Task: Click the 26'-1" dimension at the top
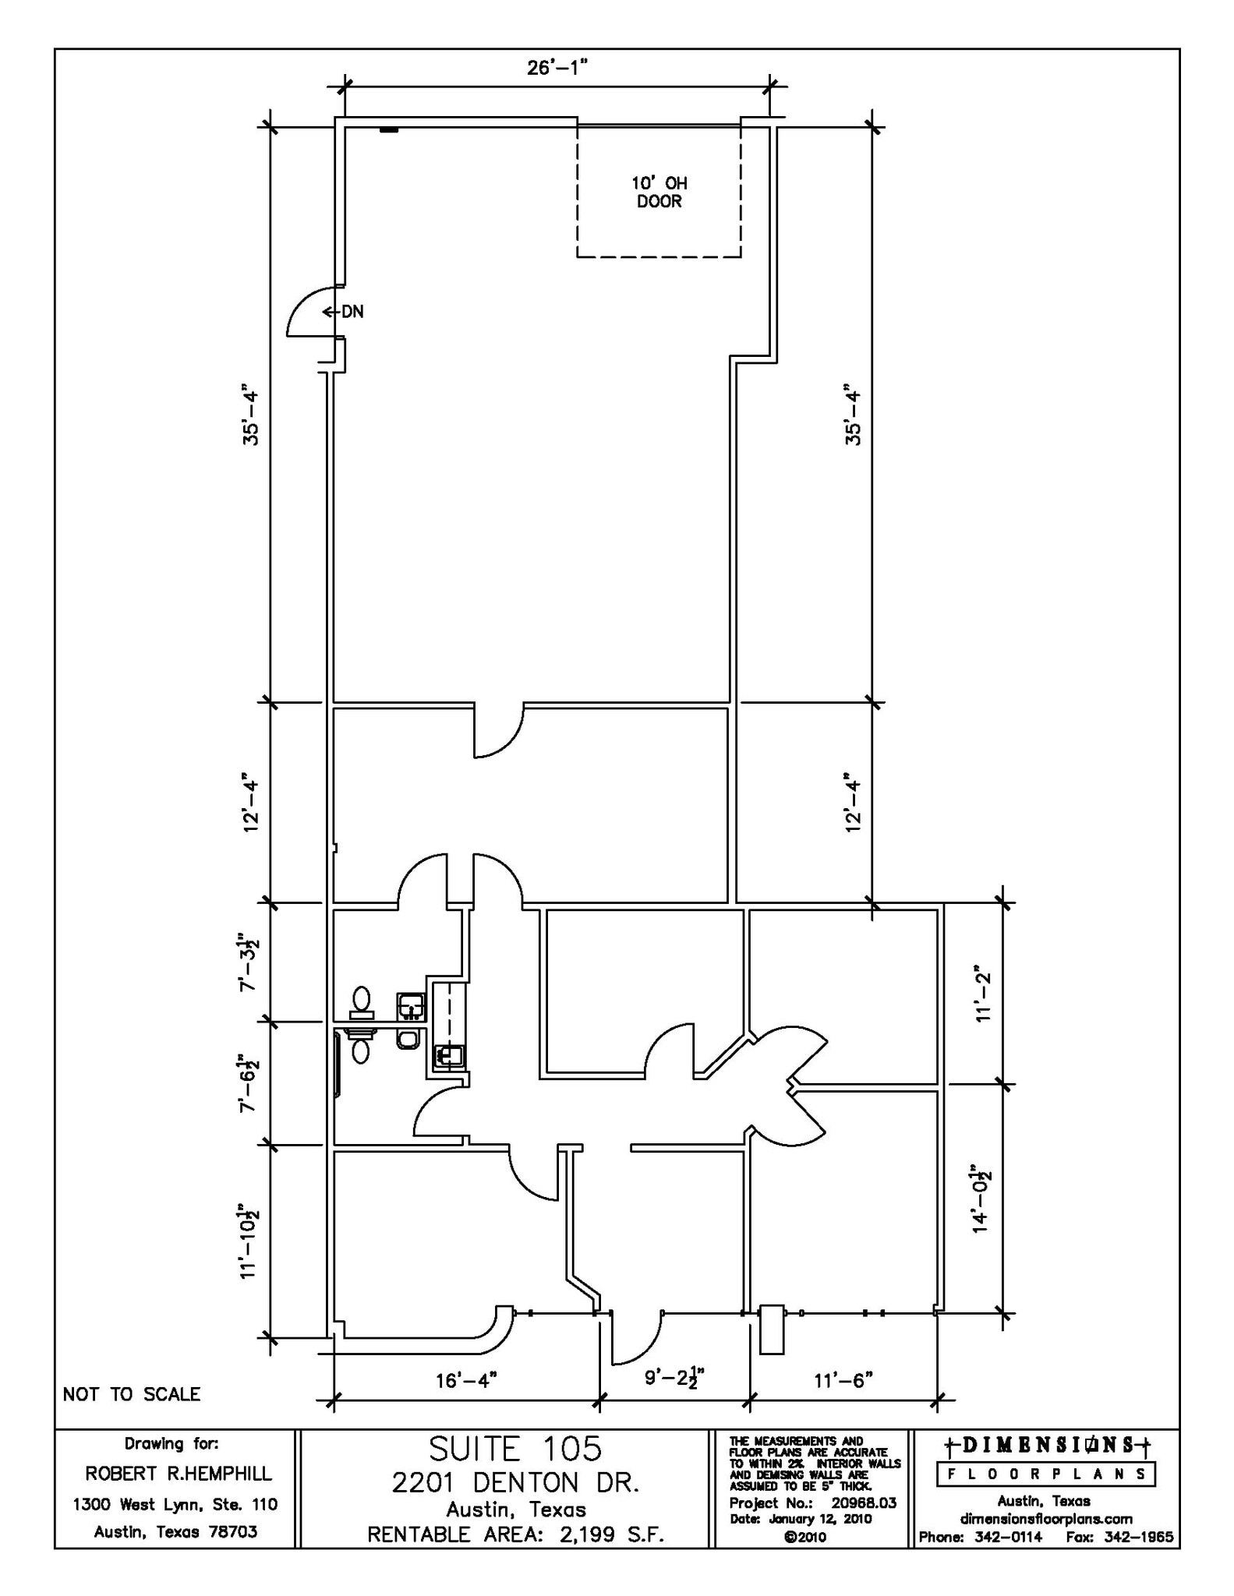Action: click(557, 69)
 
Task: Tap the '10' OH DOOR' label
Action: click(659, 192)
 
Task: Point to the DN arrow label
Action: click(344, 312)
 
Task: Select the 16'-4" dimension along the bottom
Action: click(466, 1402)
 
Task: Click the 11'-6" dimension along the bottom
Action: click(843, 1402)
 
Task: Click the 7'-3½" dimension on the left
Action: click(249, 962)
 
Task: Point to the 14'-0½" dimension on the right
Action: click(981, 1199)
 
